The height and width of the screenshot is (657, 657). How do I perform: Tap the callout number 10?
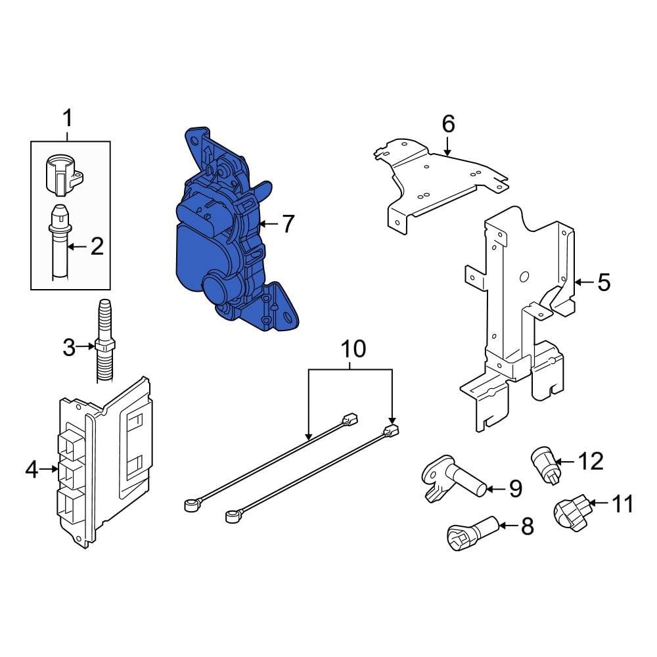click(x=353, y=349)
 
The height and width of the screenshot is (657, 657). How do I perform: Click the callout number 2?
click(x=97, y=247)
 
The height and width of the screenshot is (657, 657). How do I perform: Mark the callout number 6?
click(x=448, y=123)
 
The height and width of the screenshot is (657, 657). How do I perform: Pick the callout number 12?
click(x=591, y=461)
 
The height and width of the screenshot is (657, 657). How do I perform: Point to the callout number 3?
click(x=70, y=347)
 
